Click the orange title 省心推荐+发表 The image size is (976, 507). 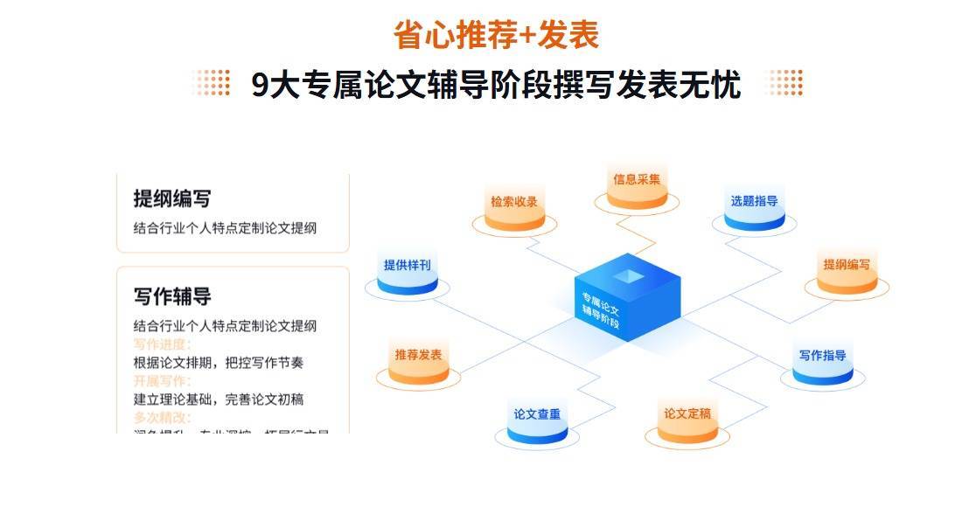pos(496,35)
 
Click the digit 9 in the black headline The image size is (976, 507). pos(260,86)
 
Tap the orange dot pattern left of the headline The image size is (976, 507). pos(211,83)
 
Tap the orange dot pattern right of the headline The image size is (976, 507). pos(784,83)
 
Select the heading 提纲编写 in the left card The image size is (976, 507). pos(171,198)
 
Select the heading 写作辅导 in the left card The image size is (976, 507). pos(171,296)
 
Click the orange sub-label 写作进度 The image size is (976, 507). pos(162,344)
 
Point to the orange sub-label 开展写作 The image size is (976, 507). pos(162,381)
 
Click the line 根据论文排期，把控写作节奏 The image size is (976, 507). pos(218,363)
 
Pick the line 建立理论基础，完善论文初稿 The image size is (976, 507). pos(218,399)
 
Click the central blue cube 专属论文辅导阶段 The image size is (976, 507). pos(626,302)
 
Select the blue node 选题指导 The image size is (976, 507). pos(754,204)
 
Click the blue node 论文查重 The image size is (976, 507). pos(537,417)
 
